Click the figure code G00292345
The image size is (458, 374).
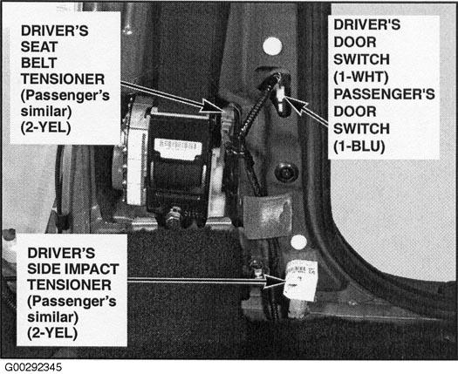pyautogui.click(x=33, y=367)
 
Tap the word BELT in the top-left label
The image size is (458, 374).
pyautogui.click(x=39, y=63)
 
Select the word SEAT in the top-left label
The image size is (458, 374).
pyautogui.click(x=39, y=47)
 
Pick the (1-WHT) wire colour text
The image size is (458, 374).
pyautogui.click(x=361, y=77)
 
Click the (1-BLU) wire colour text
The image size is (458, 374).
pyautogui.click(x=359, y=146)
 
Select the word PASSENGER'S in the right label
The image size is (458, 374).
pyautogui.click(x=385, y=94)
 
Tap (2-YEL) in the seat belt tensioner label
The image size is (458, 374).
pyautogui.click(x=46, y=128)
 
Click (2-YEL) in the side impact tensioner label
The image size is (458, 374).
pyautogui.click(x=52, y=333)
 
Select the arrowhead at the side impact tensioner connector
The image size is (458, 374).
pyautogui.click(x=275, y=282)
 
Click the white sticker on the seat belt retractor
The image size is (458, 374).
pyautogui.click(x=178, y=149)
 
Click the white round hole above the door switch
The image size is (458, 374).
pyautogui.click(x=272, y=46)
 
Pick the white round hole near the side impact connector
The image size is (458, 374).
pyautogui.click(x=299, y=242)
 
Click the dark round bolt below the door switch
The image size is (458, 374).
pyautogui.click(x=286, y=173)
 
